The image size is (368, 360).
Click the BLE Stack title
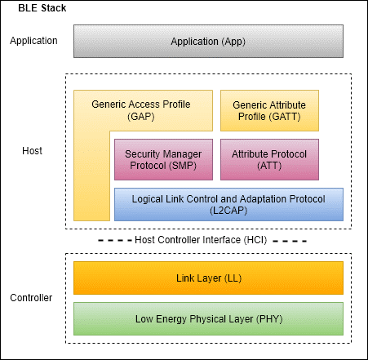pyautogui.click(x=42, y=8)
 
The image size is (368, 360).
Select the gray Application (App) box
pyautogui.click(x=208, y=41)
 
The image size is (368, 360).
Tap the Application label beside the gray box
pyautogui.click(x=33, y=41)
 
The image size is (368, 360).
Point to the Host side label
pyautogui.click(x=32, y=150)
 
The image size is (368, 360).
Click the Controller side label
pyautogui.click(x=31, y=298)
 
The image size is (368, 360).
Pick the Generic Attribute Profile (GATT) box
pyautogui.click(x=269, y=110)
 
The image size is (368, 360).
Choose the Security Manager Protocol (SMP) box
pyautogui.click(x=163, y=159)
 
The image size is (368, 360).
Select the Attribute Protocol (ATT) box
pyautogui.click(x=269, y=159)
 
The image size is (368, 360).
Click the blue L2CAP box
pyautogui.click(x=228, y=204)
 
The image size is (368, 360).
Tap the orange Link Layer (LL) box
pyautogui.click(x=208, y=278)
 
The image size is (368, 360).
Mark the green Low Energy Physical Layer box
pyautogui.click(x=208, y=318)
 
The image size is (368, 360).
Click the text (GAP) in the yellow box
pyautogui.click(x=141, y=117)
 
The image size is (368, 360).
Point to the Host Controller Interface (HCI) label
pyautogui.click(x=201, y=240)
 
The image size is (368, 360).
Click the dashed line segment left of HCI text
pyautogui.click(x=115, y=241)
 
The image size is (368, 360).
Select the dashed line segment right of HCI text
pyautogui.click(x=290, y=241)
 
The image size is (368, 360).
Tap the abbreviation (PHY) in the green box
pyautogui.click(x=269, y=318)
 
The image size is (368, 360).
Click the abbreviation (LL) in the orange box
pyautogui.click(x=233, y=278)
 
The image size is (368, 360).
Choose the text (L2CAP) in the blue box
pyautogui.click(x=228, y=211)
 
